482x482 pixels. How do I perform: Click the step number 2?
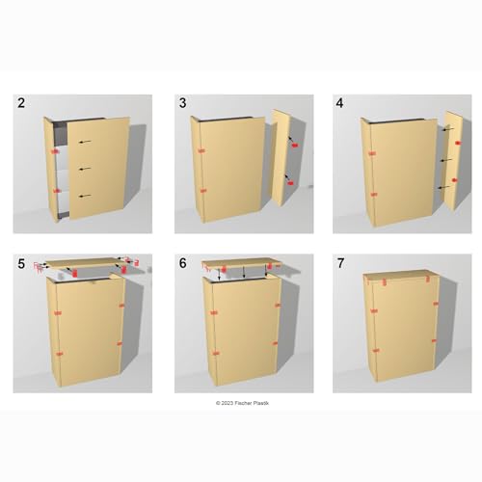coord(21,103)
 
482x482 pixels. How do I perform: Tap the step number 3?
coord(182,103)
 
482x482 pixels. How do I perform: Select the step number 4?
coord(340,103)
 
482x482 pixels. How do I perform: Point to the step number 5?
coord(21,262)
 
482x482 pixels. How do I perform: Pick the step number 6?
coord(182,262)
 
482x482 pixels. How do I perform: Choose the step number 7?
coord(340,262)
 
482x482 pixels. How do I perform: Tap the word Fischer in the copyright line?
coord(248,403)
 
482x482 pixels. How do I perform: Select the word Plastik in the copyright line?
coord(265,403)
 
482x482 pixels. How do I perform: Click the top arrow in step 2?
coord(86,142)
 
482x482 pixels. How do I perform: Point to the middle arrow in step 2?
coord(86,171)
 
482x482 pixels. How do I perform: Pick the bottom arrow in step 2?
coord(86,197)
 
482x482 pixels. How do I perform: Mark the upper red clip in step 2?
coord(54,152)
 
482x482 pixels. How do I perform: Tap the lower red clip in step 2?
coord(54,190)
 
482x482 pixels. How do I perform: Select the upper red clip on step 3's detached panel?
coord(292,144)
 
